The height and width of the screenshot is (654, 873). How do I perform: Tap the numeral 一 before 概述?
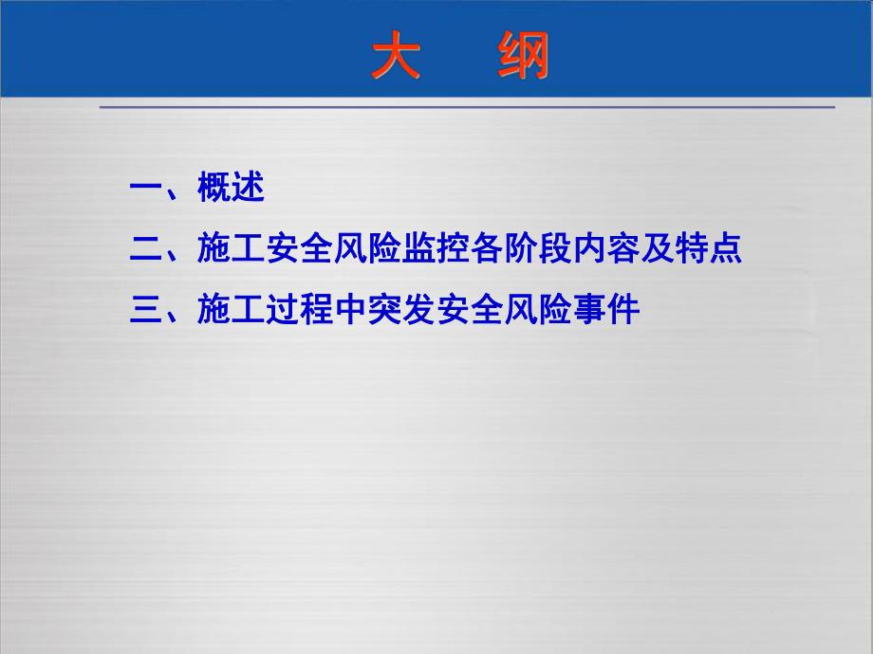click(147, 188)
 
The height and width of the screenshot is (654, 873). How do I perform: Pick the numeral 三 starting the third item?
click(147, 310)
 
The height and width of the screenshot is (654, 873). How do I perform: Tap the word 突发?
click(401, 310)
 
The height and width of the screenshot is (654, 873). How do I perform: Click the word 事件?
click(606, 310)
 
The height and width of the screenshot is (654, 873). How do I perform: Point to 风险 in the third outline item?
click(538, 310)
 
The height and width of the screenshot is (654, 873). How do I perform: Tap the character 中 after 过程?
click(350, 310)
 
